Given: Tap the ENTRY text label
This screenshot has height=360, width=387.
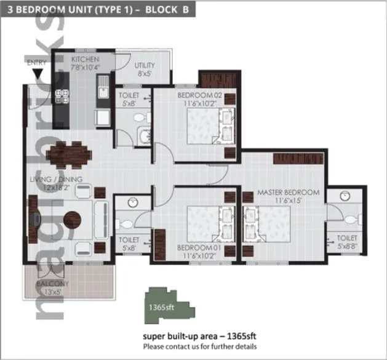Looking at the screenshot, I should pyautogui.click(x=37, y=62).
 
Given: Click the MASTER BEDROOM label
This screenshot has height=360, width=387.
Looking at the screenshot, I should pyautogui.click(x=289, y=192).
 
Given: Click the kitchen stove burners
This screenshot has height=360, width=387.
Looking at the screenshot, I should pyautogui.click(x=62, y=95).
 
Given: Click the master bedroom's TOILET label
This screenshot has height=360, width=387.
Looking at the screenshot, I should pyautogui.click(x=348, y=237).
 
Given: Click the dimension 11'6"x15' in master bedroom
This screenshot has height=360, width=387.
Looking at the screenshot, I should pyautogui.click(x=289, y=201).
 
